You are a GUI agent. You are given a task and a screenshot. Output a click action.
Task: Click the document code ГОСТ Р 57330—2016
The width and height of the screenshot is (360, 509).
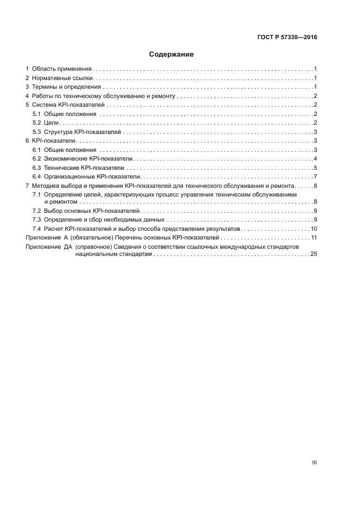(287, 38)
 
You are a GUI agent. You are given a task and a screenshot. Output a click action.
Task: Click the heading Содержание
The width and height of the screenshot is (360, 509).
(172, 54)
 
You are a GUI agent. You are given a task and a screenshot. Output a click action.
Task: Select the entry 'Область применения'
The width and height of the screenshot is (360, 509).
(62, 69)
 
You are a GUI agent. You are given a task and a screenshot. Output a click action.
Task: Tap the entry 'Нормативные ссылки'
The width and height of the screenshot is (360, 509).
(63, 78)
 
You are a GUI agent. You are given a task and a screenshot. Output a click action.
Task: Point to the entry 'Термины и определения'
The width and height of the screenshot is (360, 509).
(66, 87)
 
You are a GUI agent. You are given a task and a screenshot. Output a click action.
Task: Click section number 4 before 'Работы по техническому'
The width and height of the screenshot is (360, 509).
(28, 96)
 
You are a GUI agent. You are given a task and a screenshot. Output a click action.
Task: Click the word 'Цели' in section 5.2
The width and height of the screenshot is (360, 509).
(51, 123)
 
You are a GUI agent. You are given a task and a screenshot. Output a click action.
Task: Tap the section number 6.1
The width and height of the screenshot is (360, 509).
(36, 150)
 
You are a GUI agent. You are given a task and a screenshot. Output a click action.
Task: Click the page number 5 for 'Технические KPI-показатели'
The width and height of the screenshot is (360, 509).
(315, 168)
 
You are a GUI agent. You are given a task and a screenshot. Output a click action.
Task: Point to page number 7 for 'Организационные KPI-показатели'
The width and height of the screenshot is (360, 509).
(315, 177)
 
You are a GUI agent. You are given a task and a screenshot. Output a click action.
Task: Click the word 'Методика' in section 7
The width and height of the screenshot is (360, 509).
(46, 186)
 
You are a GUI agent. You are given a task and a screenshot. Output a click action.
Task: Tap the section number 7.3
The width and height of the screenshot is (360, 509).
(36, 219)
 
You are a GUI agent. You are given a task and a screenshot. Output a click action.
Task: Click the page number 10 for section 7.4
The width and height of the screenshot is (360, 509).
(314, 229)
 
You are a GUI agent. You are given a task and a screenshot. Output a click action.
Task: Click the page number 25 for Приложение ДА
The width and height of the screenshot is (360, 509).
(314, 254)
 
